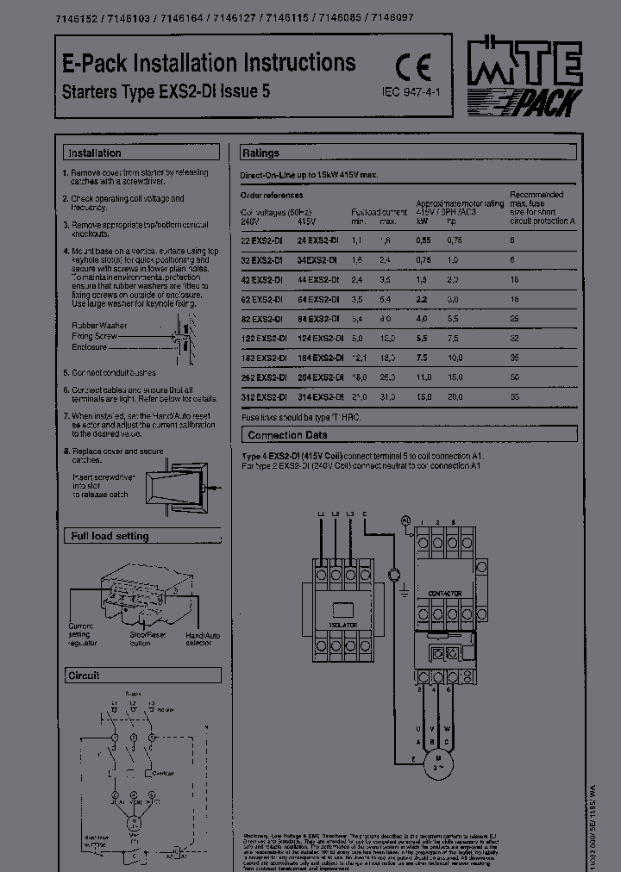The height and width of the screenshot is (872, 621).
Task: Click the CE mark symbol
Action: tap(412, 68)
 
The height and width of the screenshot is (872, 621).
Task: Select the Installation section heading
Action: tap(94, 153)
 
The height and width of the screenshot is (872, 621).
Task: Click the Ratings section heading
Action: tap(260, 153)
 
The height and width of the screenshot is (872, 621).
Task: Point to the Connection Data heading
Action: tap(287, 435)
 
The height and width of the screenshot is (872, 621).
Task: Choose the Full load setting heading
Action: tap(110, 536)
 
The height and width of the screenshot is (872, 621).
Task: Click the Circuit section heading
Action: tap(84, 676)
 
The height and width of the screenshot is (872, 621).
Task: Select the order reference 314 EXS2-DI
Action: tap(320, 397)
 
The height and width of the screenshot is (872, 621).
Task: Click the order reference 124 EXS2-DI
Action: tap(320, 338)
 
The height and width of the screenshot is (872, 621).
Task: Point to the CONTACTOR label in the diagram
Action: tap(445, 594)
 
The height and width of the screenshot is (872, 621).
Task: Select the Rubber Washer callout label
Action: tap(99, 326)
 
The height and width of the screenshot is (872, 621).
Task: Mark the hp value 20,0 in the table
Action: tap(455, 397)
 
